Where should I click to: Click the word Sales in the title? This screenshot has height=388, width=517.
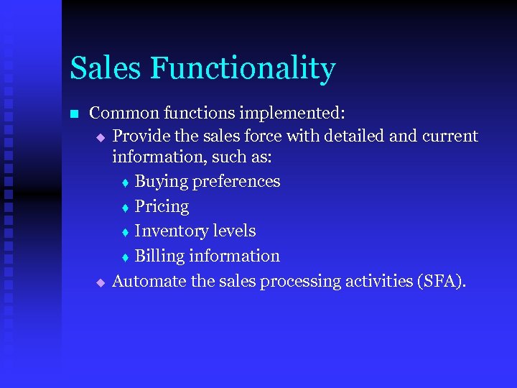click(106, 69)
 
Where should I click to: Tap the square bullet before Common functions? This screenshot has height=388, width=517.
click(73, 114)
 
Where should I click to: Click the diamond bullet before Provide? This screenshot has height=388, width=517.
click(101, 137)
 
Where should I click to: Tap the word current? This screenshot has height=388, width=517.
click(449, 136)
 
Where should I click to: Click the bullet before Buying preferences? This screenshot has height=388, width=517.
click(124, 183)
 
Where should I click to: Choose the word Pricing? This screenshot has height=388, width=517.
click(162, 208)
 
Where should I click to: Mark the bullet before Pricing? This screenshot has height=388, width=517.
click(124, 208)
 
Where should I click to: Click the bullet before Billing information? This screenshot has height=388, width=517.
click(124, 258)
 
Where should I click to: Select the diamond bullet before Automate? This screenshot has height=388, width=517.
click(101, 283)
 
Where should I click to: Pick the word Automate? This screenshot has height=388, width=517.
click(149, 282)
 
